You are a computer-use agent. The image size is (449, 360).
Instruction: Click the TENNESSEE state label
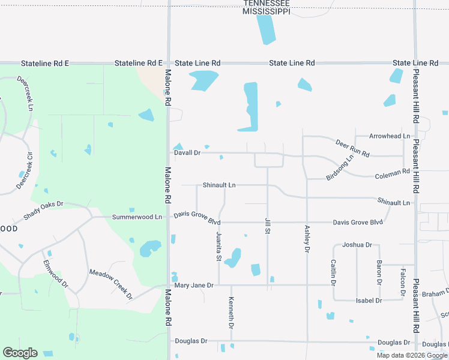tap(267, 3)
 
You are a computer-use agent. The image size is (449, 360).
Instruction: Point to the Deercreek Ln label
tap(25, 93)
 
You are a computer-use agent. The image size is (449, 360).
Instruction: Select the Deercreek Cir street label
tap(25, 170)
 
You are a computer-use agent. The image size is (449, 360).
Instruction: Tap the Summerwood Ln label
tap(137, 217)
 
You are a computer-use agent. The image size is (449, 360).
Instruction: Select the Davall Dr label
tap(187, 153)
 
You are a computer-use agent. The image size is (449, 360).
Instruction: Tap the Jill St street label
tap(267, 227)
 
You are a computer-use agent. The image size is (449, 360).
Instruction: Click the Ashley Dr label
tap(307, 238)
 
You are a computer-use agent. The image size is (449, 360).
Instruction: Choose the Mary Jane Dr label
tap(193, 286)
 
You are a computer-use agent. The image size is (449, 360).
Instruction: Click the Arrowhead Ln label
tap(390, 136)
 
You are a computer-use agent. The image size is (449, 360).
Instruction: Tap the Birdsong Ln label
tap(340, 169)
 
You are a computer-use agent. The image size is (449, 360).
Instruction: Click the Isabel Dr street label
tap(369, 300)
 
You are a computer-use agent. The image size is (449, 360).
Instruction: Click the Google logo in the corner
tap(20, 353)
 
